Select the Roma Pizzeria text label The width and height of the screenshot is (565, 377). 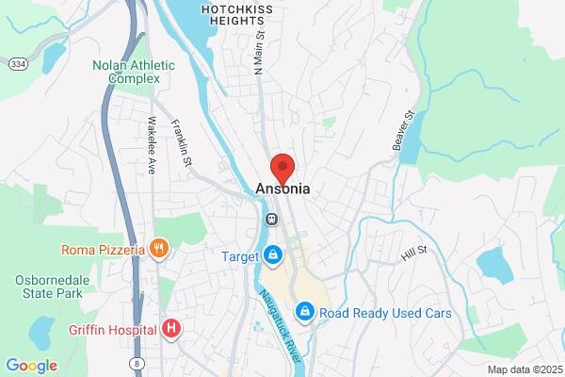(103, 250)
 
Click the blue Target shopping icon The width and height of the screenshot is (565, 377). (273, 255)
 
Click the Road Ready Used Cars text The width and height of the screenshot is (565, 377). (385, 313)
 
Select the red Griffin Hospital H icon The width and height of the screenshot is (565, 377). (171, 329)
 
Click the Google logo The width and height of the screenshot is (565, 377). (32, 366)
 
